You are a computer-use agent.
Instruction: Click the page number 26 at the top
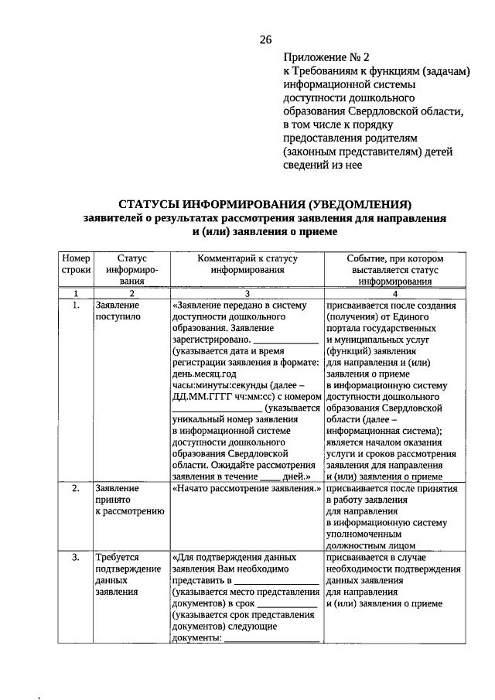[x=265, y=40]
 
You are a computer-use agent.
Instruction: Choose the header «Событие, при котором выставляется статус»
[x=394, y=270]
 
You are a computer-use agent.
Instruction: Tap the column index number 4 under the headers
[x=394, y=294]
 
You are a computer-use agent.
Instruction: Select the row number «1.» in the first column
[x=76, y=306]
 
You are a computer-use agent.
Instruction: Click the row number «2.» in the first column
[x=76, y=489]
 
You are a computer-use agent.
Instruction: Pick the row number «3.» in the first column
[x=76, y=557]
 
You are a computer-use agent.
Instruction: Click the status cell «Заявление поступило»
[x=118, y=311]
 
